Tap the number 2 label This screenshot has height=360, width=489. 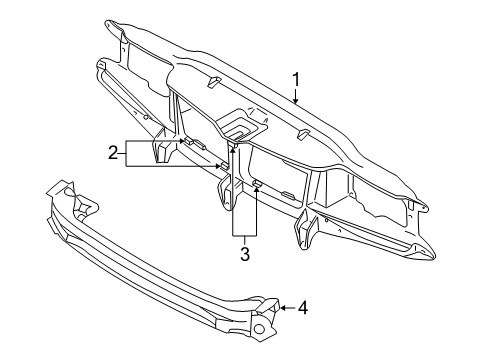point(113,152)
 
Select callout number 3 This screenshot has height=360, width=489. point(243,254)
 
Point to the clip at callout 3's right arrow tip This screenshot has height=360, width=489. point(257,183)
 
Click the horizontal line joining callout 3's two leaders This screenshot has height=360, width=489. point(243,234)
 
